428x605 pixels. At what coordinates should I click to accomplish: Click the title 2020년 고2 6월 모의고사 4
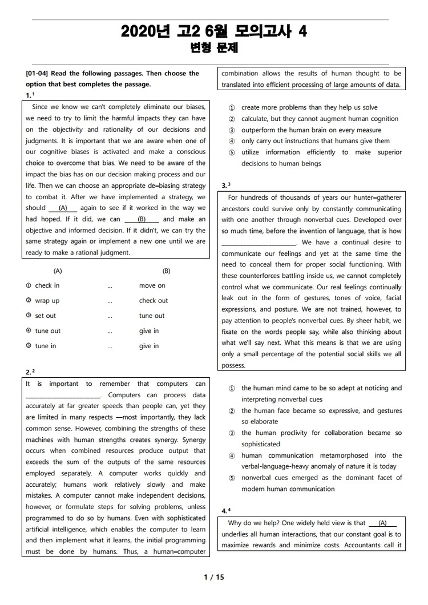click(x=214, y=32)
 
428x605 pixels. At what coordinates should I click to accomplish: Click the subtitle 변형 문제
click(x=214, y=49)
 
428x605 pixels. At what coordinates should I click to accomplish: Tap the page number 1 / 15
click(x=214, y=577)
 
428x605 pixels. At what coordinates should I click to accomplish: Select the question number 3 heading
click(x=226, y=185)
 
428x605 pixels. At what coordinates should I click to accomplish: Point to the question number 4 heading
click(x=226, y=510)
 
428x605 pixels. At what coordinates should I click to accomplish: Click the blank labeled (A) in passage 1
click(x=63, y=208)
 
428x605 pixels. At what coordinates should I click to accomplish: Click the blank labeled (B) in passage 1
click(x=142, y=219)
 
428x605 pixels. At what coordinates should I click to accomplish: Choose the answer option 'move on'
click(x=152, y=285)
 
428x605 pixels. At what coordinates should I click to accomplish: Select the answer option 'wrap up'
click(x=47, y=301)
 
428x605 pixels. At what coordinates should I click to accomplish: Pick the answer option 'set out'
click(x=46, y=316)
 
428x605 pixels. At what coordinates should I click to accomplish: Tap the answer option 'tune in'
click(x=46, y=346)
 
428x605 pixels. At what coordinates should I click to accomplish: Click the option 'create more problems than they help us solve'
click(x=309, y=107)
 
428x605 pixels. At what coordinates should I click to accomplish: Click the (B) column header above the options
click(x=166, y=271)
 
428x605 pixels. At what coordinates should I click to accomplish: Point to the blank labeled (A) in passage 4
click(x=382, y=523)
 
